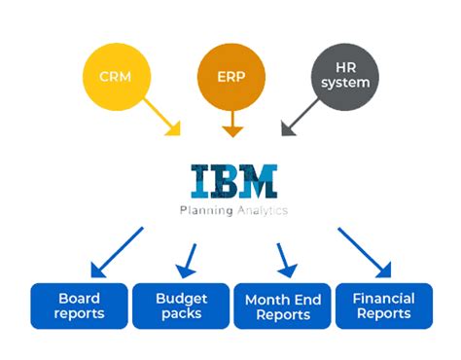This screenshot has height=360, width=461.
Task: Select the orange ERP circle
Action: [x=230, y=76]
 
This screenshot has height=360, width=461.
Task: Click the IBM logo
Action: [x=233, y=182]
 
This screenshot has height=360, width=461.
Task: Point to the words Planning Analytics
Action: [x=233, y=209]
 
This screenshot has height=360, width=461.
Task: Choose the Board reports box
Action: [x=78, y=306]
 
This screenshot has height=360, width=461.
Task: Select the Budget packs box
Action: [x=180, y=306]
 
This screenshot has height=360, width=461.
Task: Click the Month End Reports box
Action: [x=281, y=306]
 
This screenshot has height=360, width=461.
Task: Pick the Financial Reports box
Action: [x=383, y=306]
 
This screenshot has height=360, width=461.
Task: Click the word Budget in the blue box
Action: [x=180, y=298]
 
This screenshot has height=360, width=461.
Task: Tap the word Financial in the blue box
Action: [x=383, y=298]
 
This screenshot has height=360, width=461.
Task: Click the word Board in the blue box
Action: [x=78, y=298]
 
